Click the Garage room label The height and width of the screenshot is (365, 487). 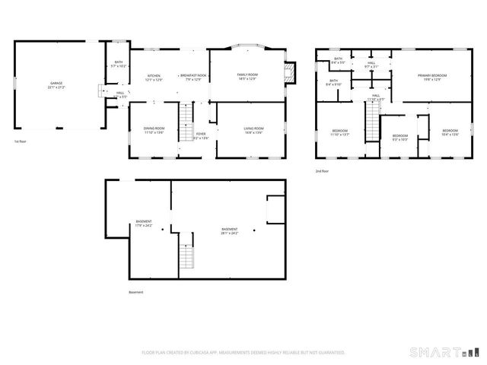57,84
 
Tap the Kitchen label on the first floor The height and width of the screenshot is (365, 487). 154,78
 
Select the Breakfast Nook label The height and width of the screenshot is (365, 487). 190,78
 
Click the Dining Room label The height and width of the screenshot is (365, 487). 154,130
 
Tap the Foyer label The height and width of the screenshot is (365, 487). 200,137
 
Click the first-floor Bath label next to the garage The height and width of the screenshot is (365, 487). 119,65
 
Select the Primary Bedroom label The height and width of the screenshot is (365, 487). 431,77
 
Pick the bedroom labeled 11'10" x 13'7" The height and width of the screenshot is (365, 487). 339,133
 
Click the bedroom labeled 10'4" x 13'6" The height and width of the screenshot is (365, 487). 450,133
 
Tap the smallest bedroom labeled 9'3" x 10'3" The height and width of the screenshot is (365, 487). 399,138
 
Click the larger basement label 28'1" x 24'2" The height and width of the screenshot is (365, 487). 229,231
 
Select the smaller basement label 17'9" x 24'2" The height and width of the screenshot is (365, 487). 143,224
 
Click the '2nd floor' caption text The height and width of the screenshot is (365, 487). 323,171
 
